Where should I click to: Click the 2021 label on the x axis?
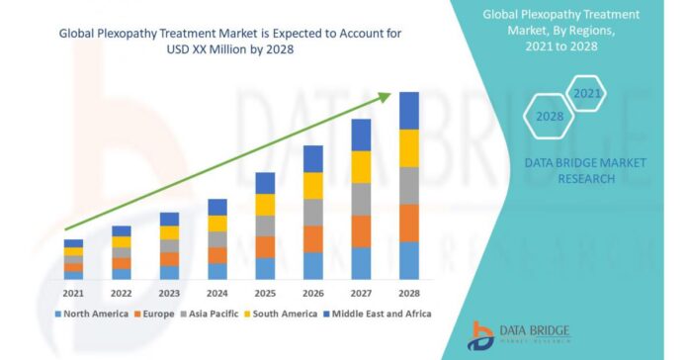tap(73, 294)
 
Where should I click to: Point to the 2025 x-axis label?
tap(264, 294)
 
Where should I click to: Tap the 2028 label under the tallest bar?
tap(408, 294)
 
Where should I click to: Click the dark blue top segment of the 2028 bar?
tap(408, 110)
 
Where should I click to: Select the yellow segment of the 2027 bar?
tap(361, 166)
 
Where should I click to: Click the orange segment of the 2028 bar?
tap(408, 223)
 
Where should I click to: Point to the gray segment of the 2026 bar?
tap(312, 212)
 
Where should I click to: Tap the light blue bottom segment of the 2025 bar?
tap(264, 268)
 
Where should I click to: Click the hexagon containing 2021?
tap(584, 93)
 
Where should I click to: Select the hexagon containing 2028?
tap(549, 116)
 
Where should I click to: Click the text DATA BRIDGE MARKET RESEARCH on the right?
tap(569, 170)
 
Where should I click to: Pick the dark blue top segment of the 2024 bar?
tap(216, 207)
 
